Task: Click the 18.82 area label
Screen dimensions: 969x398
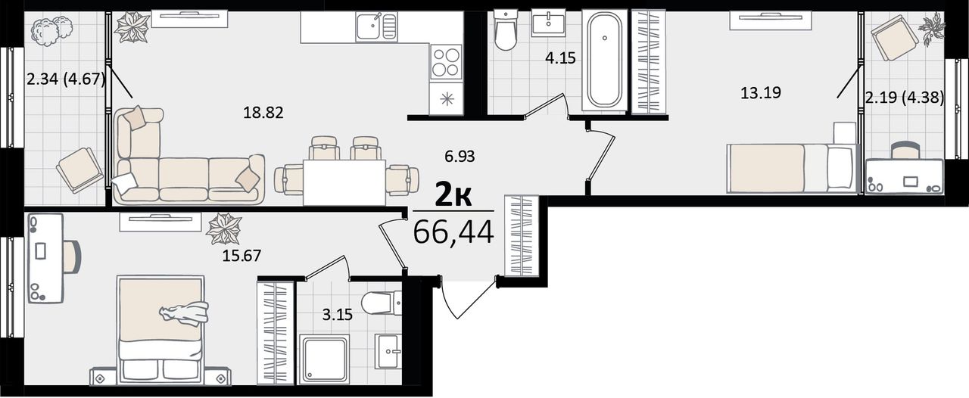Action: [x=263, y=113]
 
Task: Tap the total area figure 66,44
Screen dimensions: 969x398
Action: [x=453, y=232]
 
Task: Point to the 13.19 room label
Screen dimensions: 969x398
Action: [x=761, y=92]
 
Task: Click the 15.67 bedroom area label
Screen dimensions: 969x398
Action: [x=241, y=256]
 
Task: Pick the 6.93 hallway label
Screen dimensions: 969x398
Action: [x=460, y=157]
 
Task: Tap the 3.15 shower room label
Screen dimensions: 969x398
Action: [x=338, y=315]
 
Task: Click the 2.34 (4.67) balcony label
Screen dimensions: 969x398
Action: [x=66, y=79]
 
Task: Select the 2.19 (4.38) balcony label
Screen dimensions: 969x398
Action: [x=904, y=98]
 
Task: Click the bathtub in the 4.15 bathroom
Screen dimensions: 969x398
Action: [x=604, y=60]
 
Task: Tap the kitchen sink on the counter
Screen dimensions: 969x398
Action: [x=376, y=26]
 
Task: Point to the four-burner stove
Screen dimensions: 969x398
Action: [x=446, y=63]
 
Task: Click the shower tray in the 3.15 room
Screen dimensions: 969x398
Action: [x=325, y=359]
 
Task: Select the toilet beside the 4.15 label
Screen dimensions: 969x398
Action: [x=506, y=30]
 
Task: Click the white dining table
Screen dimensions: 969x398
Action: [x=344, y=182]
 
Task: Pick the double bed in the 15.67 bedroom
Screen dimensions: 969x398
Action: [x=160, y=330]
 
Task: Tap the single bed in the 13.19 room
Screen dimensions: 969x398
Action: [x=792, y=168]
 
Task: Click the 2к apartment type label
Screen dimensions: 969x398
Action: [x=453, y=195]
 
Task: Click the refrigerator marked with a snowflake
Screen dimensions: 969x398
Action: [x=446, y=99]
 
